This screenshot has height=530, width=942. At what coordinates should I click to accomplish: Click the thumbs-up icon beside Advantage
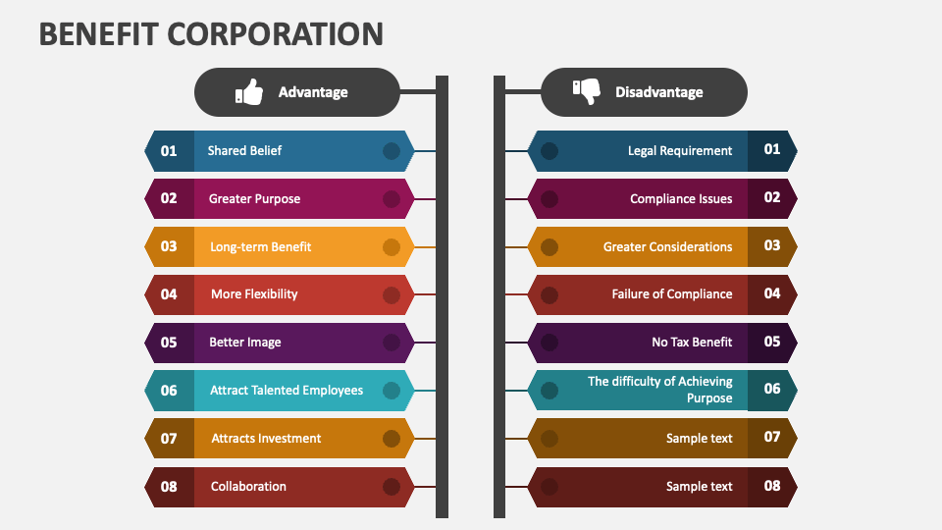click(x=250, y=92)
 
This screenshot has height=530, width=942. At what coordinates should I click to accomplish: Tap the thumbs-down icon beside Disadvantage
click(x=586, y=91)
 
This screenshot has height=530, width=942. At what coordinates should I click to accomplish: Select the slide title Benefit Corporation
click(x=211, y=33)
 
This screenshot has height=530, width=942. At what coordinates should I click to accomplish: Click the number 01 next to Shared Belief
click(x=169, y=151)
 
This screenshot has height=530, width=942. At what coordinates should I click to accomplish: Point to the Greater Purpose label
click(x=254, y=198)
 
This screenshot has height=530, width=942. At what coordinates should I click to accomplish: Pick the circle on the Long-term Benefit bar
click(x=392, y=246)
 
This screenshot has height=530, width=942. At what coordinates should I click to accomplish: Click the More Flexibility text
click(x=254, y=293)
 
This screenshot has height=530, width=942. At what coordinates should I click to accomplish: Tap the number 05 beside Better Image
click(x=169, y=343)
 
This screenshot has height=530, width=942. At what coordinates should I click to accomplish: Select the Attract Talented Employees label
click(x=287, y=390)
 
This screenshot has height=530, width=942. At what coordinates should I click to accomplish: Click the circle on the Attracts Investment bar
click(x=392, y=438)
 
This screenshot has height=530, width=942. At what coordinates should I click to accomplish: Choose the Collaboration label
click(x=248, y=486)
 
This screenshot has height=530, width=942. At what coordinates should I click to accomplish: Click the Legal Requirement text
click(x=680, y=151)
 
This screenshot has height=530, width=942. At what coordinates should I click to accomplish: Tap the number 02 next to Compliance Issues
click(x=772, y=197)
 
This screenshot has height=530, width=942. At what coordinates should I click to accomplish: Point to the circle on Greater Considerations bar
click(x=549, y=246)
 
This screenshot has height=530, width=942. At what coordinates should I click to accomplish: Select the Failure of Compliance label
click(x=672, y=293)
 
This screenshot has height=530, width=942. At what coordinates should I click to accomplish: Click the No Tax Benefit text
click(x=692, y=342)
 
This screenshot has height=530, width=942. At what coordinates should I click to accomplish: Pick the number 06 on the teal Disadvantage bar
click(x=772, y=389)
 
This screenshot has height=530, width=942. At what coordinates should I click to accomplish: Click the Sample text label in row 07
click(x=699, y=438)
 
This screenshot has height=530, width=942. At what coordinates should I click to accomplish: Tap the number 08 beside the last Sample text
click(x=772, y=485)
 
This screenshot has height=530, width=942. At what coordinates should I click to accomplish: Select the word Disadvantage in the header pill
click(x=658, y=92)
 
